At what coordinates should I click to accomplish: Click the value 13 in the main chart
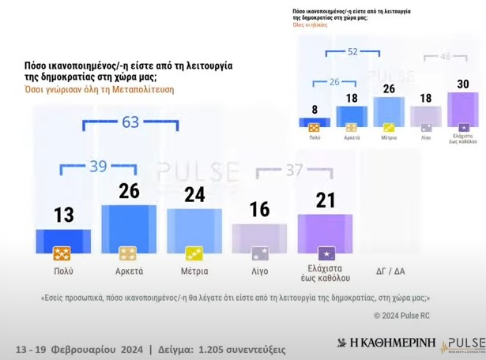pyautogui.click(x=63, y=216)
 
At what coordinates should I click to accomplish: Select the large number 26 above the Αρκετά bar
pyautogui.click(x=128, y=191)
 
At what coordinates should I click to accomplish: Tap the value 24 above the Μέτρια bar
pyautogui.click(x=194, y=195)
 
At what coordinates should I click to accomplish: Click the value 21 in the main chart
pyautogui.click(x=324, y=201)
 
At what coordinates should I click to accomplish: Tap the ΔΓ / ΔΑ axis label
pyautogui.click(x=390, y=271)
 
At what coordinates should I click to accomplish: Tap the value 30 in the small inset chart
pyautogui.click(x=462, y=84)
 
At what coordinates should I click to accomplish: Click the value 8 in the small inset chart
pyautogui.click(x=315, y=110)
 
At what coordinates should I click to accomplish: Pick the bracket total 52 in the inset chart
pyautogui.click(x=352, y=51)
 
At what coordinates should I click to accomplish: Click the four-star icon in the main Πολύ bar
pyautogui.click(x=63, y=253)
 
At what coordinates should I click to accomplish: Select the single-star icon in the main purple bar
pyautogui.click(x=324, y=253)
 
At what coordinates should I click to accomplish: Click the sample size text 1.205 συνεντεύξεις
pyautogui.click(x=234, y=348)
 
